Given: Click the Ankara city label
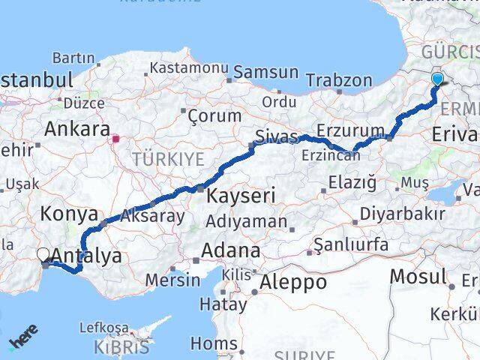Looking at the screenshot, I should tap(77, 129).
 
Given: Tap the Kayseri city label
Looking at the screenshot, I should tap(241, 196).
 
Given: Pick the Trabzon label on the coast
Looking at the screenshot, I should tap(339, 80).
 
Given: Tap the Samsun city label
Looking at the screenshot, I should tap(265, 73).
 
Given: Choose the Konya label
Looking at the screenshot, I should tap(68, 213).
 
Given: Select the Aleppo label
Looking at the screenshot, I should tap(292, 283).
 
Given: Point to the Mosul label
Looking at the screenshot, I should tap(418, 276).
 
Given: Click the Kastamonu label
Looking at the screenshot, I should tap(189, 67).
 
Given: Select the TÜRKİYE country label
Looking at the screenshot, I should tap(168, 159).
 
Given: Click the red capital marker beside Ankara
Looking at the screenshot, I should tap(116, 138).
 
